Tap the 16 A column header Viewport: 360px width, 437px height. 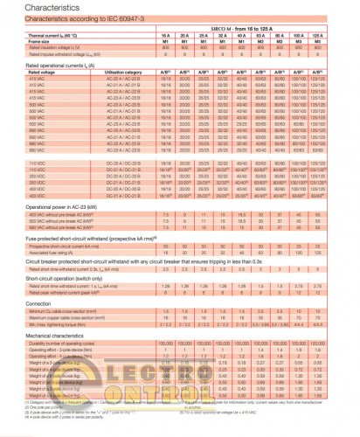pyautogui.click(x=165, y=38)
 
